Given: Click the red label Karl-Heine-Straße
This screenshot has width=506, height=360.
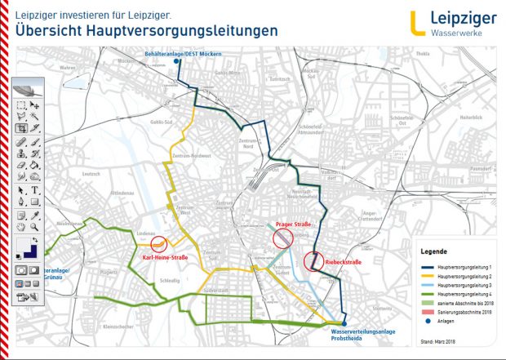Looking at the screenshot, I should point(166,259).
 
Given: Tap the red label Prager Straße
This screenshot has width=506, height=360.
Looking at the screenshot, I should point(291,223).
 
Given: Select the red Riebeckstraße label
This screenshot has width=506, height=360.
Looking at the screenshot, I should point(341,262).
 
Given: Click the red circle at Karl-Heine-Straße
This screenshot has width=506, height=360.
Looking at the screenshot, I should point(159,243).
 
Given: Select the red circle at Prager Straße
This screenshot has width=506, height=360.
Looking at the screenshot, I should point(282,238).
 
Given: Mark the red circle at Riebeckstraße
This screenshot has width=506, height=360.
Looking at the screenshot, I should point(313,261).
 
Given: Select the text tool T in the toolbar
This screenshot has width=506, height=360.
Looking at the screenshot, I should point(35,189).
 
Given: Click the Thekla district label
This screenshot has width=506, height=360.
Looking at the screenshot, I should point(423,54).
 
